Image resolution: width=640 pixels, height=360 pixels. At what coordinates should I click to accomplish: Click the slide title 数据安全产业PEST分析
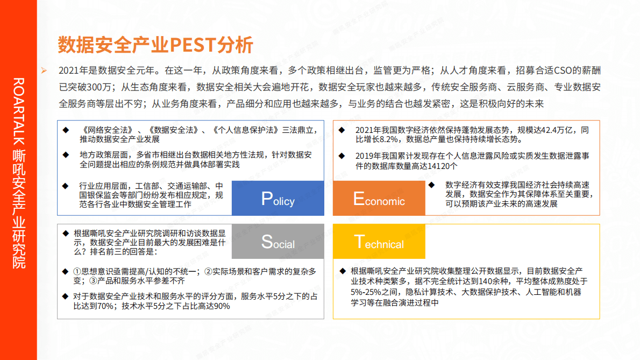[155, 45]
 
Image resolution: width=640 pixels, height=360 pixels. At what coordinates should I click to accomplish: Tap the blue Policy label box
[278, 198]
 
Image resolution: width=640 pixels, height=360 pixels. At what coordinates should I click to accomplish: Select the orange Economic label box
[379, 198]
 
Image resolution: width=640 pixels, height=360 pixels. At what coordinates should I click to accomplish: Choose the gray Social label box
[278, 241]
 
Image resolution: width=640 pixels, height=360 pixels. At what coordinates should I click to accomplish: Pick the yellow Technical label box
[379, 241]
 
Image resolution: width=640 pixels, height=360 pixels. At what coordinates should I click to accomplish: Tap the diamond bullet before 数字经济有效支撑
[431, 184]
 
